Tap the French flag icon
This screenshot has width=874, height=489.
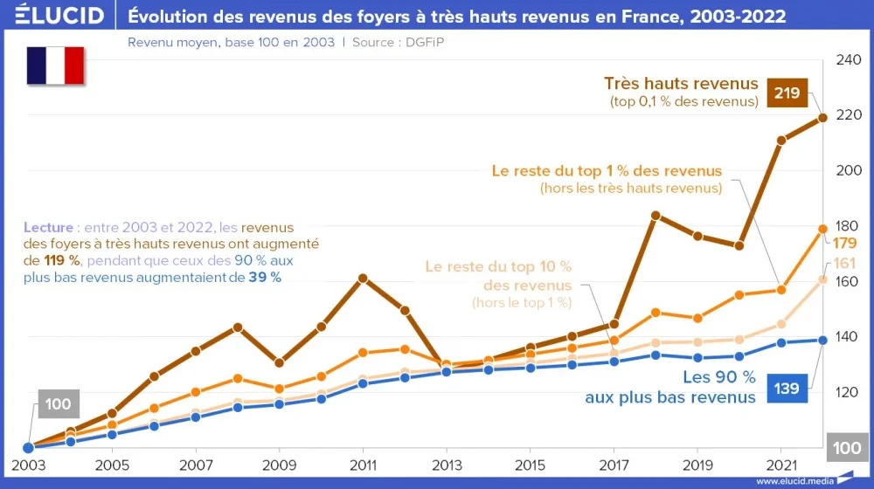coord(55,65)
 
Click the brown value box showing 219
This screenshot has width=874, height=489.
coord(787,93)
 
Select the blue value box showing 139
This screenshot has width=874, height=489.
coord(787,388)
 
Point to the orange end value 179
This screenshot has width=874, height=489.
coord(843,243)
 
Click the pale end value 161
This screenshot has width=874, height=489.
coord(843,263)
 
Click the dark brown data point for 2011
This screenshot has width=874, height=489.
coord(363,279)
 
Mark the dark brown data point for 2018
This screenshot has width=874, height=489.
coord(655,215)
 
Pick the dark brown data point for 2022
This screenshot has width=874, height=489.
coord(822,118)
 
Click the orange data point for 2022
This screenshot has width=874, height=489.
coord(822,229)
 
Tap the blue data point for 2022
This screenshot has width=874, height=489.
coord(822,340)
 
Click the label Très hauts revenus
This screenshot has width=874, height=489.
coord(681,84)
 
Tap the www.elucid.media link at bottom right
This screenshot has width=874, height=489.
coord(794,480)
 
